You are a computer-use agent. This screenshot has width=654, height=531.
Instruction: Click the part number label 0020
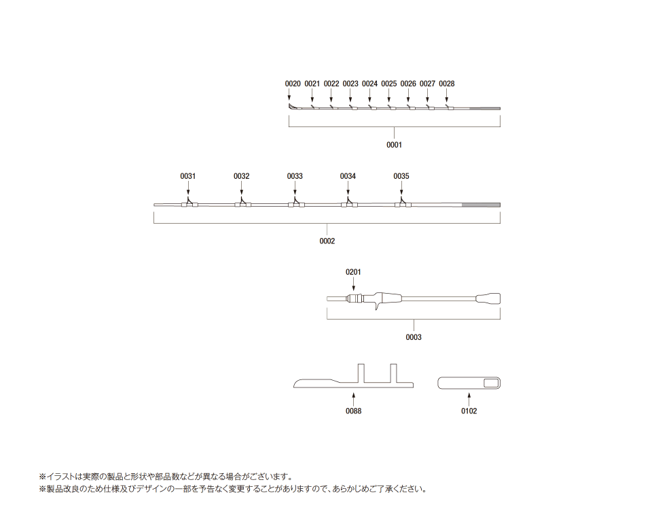pos(293,84)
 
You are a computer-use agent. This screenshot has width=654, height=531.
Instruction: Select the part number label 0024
pos(369,84)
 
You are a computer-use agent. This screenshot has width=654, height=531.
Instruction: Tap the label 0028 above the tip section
pos(447,84)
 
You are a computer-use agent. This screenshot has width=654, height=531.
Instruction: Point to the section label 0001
pos(394,145)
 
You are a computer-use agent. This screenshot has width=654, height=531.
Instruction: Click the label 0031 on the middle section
pos(187,176)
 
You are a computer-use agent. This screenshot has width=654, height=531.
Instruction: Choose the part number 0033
pos(295,176)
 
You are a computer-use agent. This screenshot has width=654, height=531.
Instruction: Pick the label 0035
pos(401,176)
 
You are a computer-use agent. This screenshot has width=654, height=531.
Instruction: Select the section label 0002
pos(327,241)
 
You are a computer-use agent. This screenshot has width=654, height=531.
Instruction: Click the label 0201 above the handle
pos(353,272)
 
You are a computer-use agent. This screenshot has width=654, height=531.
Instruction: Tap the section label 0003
pos(414,337)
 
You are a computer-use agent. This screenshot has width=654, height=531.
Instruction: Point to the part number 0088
pos(353,411)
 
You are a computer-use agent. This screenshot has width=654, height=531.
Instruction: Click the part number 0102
pos(469,411)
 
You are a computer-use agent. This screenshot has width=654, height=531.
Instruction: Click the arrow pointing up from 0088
pos(353,399)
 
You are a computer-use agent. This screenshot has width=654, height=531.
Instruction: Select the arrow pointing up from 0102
pos(469,399)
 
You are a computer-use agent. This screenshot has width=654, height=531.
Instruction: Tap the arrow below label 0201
pos(354,284)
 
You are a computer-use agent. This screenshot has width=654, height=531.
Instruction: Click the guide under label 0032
pos(242,204)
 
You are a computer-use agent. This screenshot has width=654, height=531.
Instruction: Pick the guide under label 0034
pos(348,204)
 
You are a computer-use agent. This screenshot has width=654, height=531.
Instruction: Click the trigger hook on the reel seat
pos(378,307)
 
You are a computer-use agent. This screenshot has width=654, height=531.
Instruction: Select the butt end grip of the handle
pos(488,299)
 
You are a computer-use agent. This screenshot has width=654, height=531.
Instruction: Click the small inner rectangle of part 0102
pos(491,383)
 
